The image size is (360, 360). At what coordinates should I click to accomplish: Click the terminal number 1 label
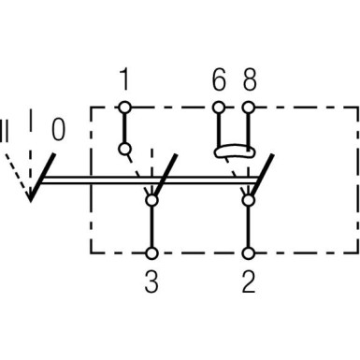click(124, 80)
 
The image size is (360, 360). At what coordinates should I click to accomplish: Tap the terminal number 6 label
click(219, 80)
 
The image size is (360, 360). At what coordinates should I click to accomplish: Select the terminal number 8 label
click(249, 80)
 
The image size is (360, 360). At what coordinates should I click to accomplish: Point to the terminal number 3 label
click(151, 280)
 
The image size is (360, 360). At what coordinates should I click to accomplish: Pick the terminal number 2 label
click(249, 280)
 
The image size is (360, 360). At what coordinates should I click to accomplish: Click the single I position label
click(30, 119)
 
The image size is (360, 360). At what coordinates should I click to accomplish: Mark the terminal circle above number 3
click(151, 252)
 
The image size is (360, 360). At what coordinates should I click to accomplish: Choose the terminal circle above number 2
click(249, 252)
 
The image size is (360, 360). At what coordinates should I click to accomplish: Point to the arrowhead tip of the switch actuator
click(32, 199)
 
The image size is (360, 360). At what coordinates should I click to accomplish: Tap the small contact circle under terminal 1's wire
click(124, 149)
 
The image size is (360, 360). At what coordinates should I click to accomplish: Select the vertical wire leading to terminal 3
click(151, 224)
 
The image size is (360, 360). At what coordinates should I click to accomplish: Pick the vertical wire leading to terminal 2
click(249, 224)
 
